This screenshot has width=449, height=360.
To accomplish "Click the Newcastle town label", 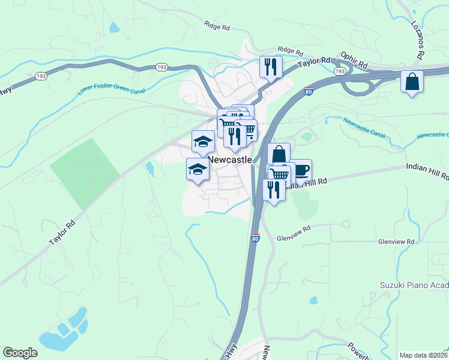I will (x=230, y=160).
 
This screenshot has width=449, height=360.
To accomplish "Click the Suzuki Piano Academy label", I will (x=414, y=284).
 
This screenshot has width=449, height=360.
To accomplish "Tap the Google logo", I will (x=20, y=353).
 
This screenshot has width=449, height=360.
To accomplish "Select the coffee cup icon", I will (x=301, y=170).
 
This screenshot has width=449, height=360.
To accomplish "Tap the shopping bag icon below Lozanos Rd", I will (x=412, y=82).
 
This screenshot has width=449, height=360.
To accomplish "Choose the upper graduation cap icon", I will (x=203, y=142).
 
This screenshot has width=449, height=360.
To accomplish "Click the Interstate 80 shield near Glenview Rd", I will (x=255, y=238).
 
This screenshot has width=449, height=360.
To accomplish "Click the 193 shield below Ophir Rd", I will (x=340, y=71).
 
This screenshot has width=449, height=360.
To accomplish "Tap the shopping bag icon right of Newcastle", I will (x=279, y=154).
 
